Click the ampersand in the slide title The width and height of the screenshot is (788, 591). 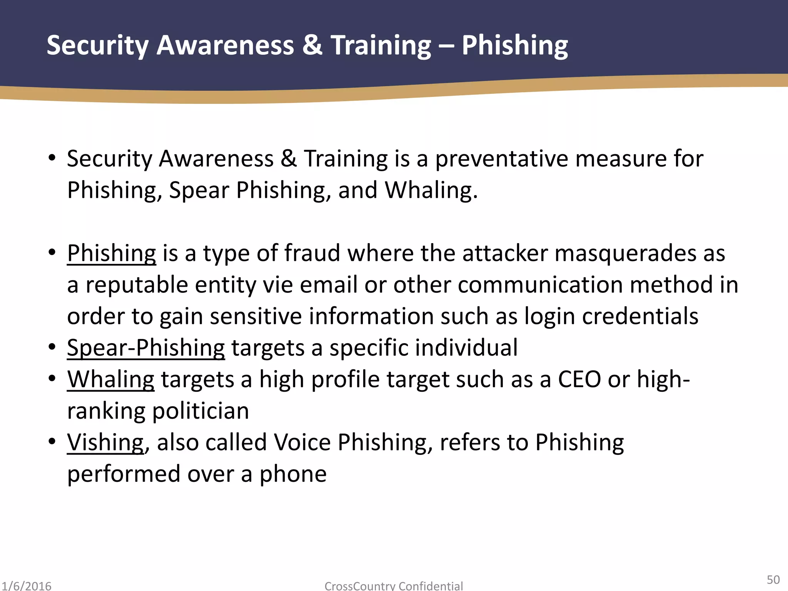point(312,45)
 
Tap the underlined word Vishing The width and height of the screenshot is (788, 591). point(105,442)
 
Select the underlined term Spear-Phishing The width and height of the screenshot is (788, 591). point(146,348)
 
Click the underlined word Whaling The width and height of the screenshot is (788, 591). point(111,379)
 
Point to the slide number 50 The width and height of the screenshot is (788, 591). point(773,579)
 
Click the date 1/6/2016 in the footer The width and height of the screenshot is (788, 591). point(26,586)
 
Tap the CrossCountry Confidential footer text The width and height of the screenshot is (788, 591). point(394,586)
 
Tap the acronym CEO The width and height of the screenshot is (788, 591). point(579,379)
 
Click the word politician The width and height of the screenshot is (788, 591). point(200,411)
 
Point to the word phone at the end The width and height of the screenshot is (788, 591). point(293,474)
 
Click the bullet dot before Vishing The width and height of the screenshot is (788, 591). point(52,441)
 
